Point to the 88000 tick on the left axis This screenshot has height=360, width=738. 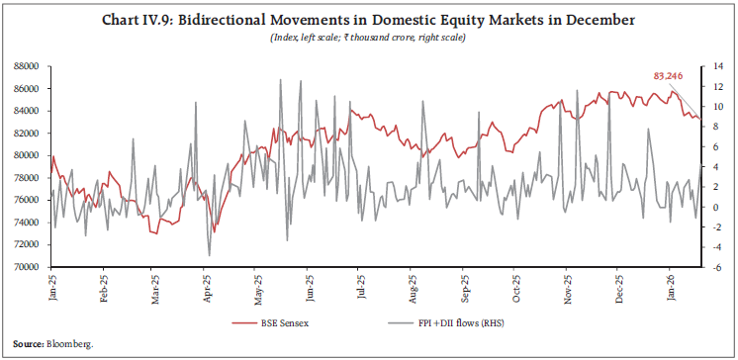(x=26, y=66)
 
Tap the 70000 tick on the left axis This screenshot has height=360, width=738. (x=26, y=267)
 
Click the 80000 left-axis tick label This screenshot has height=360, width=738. (x=26, y=155)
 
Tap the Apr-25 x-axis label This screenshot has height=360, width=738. (x=206, y=287)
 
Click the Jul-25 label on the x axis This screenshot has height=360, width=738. (x=361, y=287)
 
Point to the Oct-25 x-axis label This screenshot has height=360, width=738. (x=515, y=287)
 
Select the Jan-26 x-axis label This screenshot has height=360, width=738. (x=672, y=287)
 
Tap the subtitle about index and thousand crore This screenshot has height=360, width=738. (x=368, y=38)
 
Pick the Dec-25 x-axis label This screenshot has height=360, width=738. (x=619, y=287)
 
